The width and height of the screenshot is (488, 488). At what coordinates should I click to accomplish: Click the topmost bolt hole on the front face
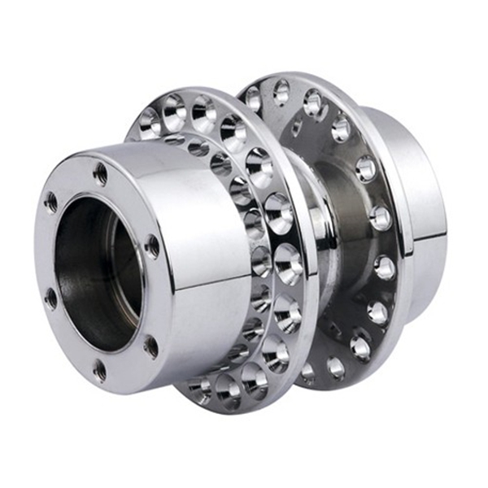(100, 172)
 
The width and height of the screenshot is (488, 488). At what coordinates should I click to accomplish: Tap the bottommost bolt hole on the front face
(99, 370)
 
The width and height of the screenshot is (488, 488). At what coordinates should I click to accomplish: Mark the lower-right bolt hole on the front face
(150, 346)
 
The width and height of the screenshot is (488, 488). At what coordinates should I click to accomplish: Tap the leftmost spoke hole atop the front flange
(148, 122)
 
